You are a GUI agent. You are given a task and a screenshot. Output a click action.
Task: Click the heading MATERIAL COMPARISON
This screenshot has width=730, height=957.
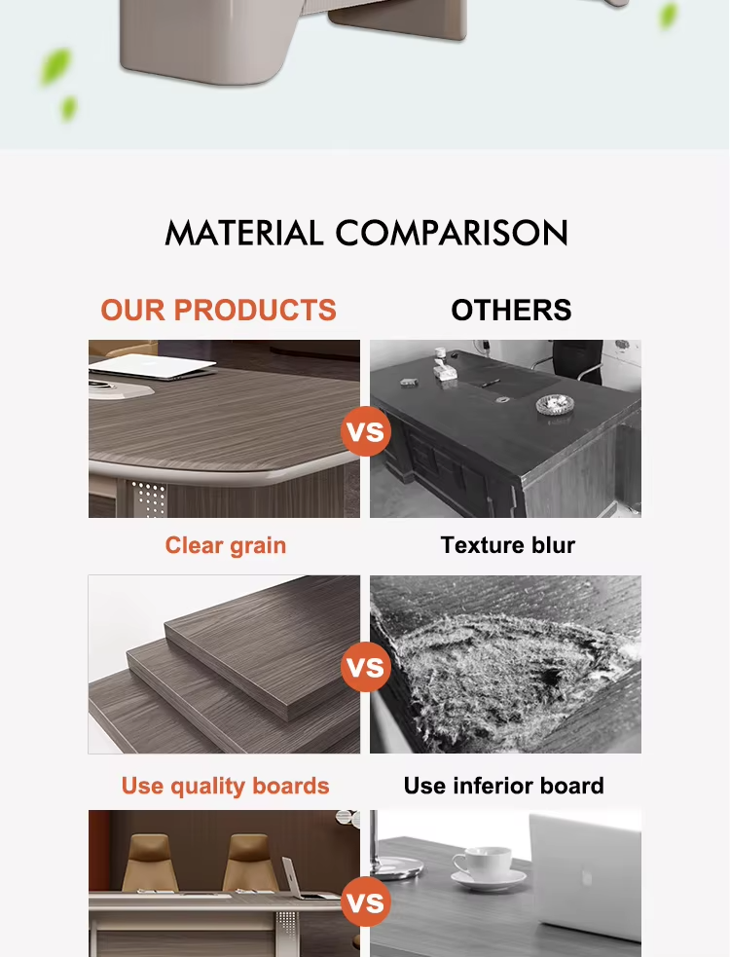(x=366, y=233)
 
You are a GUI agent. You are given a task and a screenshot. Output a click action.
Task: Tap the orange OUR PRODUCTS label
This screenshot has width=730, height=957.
(x=218, y=310)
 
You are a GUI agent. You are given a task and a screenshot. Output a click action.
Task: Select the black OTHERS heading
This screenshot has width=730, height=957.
(x=512, y=310)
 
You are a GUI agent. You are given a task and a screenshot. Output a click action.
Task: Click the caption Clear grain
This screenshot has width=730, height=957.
(x=225, y=545)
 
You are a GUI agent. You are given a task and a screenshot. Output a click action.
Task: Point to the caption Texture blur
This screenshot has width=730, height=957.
(x=508, y=545)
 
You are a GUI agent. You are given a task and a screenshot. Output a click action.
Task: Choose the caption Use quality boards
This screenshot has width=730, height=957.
(x=225, y=786)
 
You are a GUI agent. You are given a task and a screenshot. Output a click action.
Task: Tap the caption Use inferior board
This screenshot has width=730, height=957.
(x=503, y=786)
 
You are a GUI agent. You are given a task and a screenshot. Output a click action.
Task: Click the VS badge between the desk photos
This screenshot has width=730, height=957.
(x=366, y=431)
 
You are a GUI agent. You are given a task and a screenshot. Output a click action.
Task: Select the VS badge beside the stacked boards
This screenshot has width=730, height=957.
(x=366, y=667)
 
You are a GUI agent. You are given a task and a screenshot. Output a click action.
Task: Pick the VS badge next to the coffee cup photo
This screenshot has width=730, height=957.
(x=366, y=902)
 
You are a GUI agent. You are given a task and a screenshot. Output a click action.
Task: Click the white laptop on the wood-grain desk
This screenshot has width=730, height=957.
(x=152, y=366)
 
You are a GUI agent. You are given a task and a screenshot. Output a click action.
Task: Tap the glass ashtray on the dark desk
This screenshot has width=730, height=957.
(x=555, y=403)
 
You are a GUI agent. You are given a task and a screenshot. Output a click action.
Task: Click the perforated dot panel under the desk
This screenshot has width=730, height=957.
(x=148, y=499)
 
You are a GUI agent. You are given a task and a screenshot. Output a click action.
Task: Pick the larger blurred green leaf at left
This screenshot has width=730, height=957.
(x=55, y=66)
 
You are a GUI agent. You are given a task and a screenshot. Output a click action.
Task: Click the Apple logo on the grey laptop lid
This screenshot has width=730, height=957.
(x=587, y=878)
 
